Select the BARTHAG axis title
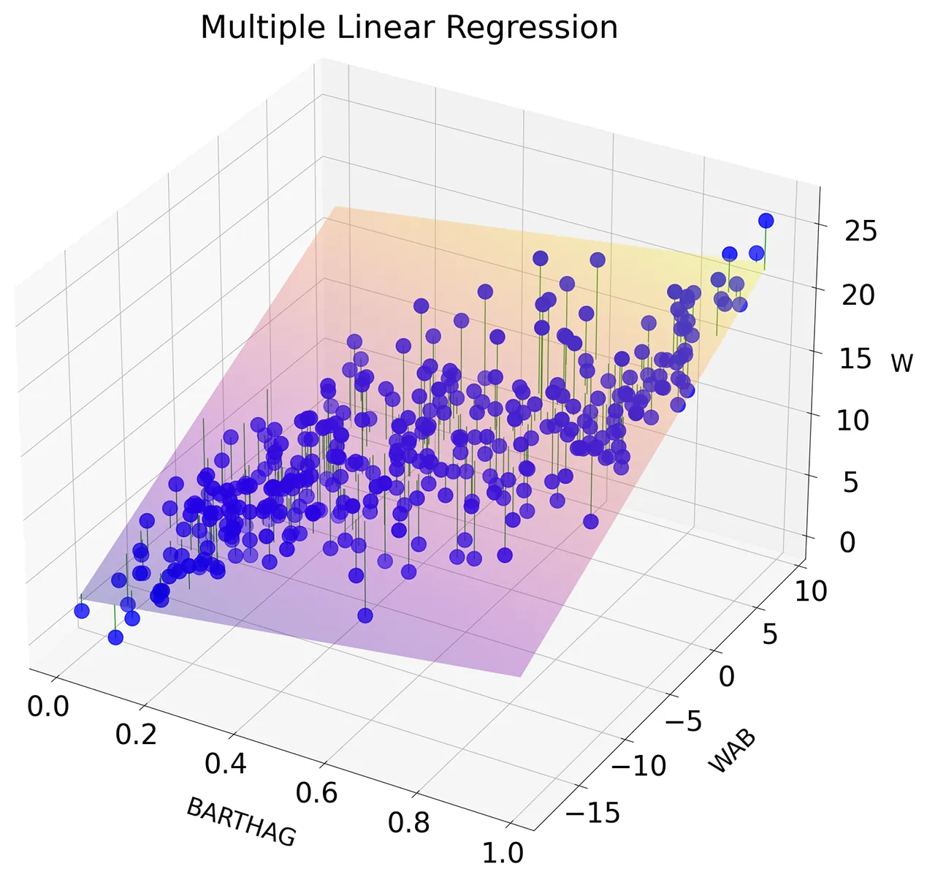coord(241,821)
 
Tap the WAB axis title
coord(732,751)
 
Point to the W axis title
coord(902,362)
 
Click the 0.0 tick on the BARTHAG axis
coord(48,707)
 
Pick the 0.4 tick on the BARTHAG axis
coord(225,764)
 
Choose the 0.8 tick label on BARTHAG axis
coord(408,822)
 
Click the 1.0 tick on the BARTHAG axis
coord(503,852)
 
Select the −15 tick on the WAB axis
coord(594,812)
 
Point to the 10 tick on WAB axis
coord(811,591)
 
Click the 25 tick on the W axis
coord(861,231)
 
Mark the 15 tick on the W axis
coord(854,359)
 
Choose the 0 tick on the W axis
coord(847,542)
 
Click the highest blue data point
coord(766,221)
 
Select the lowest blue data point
coord(115,637)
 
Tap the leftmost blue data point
coord(82,611)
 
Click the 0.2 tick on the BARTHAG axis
coord(136,734)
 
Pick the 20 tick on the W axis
coord(858,295)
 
